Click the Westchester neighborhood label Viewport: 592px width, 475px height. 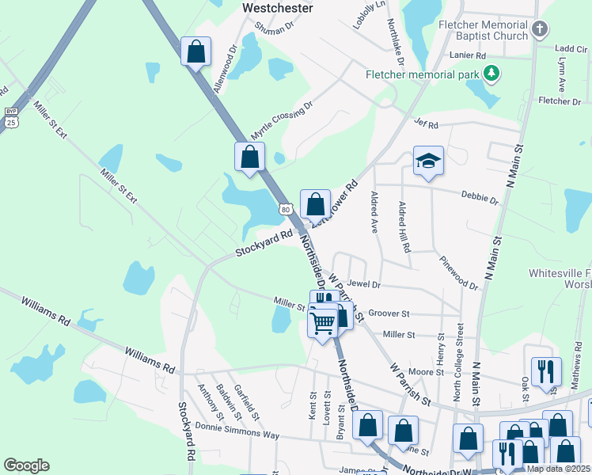pos(277,7)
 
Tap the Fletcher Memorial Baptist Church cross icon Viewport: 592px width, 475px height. pos(540,30)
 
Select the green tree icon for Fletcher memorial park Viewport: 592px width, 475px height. pos(492,74)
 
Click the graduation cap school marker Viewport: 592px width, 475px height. pos(428,161)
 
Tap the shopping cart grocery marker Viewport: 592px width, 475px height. pos(322,322)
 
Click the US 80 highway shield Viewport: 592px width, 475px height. pos(286,209)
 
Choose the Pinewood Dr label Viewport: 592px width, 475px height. pos(457,273)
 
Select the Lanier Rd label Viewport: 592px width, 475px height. pos(467,56)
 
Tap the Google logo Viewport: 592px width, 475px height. pos(26,465)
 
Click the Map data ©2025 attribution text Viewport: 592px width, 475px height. pos(556,469)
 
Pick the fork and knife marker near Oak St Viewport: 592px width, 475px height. pos(546,370)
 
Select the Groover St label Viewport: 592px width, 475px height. pos(389,314)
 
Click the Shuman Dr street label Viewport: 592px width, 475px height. pos(273,26)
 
